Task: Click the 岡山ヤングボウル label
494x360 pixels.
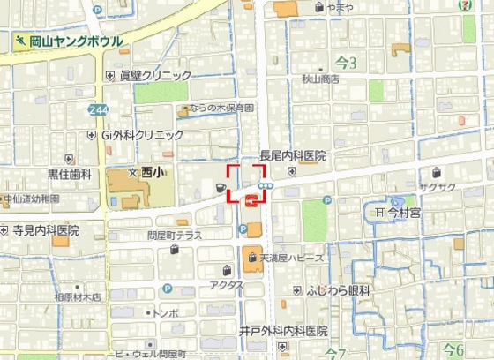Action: click(75, 41)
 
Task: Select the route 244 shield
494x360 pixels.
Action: click(99, 109)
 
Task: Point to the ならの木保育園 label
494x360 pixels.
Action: click(220, 109)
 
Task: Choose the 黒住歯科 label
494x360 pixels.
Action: click(70, 175)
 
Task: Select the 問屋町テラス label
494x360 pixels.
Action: click(175, 236)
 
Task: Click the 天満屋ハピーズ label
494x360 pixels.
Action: click(291, 258)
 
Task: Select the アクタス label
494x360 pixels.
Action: click(226, 285)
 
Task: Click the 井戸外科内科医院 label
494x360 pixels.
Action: click(284, 331)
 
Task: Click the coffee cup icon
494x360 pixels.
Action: click(218, 188)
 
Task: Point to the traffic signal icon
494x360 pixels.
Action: click(277, 185)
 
